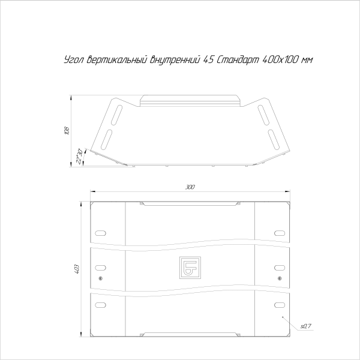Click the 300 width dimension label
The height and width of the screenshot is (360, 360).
pos(190,188)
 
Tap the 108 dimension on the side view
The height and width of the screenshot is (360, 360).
pos(68,130)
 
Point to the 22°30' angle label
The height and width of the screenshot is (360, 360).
pos(78,157)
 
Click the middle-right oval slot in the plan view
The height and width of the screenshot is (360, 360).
pos(279,268)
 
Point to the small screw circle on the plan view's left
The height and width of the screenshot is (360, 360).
pos(100,278)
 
